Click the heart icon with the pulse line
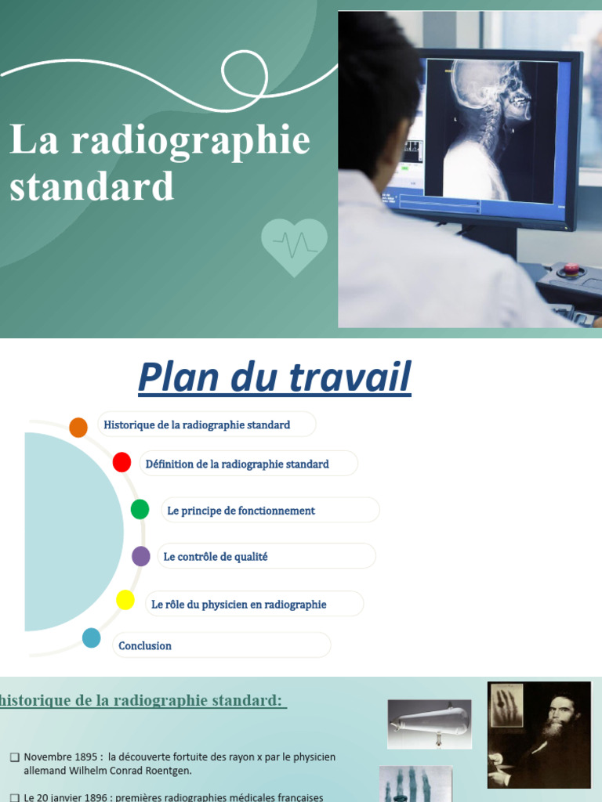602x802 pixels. pyautogui.click(x=294, y=246)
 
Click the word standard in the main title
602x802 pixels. pyautogui.click(x=92, y=186)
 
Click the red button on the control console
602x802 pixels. pyautogui.click(x=571, y=270)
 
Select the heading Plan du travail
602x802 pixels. pyautogui.click(x=274, y=378)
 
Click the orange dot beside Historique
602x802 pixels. pyautogui.click(x=78, y=427)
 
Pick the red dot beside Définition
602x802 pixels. pyautogui.click(x=121, y=462)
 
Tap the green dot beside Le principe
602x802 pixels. pyautogui.click(x=140, y=509)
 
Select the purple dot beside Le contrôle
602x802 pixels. pyautogui.click(x=141, y=556)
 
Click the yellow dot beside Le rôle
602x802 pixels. pyautogui.click(x=125, y=600)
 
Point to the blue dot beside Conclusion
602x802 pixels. pyautogui.click(x=92, y=638)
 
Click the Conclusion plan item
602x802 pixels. pyautogui.click(x=145, y=646)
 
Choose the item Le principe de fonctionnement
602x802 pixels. pyautogui.click(x=241, y=511)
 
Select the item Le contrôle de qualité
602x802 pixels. pyautogui.click(x=216, y=557)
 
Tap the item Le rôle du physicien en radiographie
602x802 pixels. pyautogui.click(x=239, y=605)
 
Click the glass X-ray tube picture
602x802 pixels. pyautogui.click(x=430, y=723)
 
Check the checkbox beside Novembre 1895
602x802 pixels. pyautogui.click(x=14, y=757)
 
